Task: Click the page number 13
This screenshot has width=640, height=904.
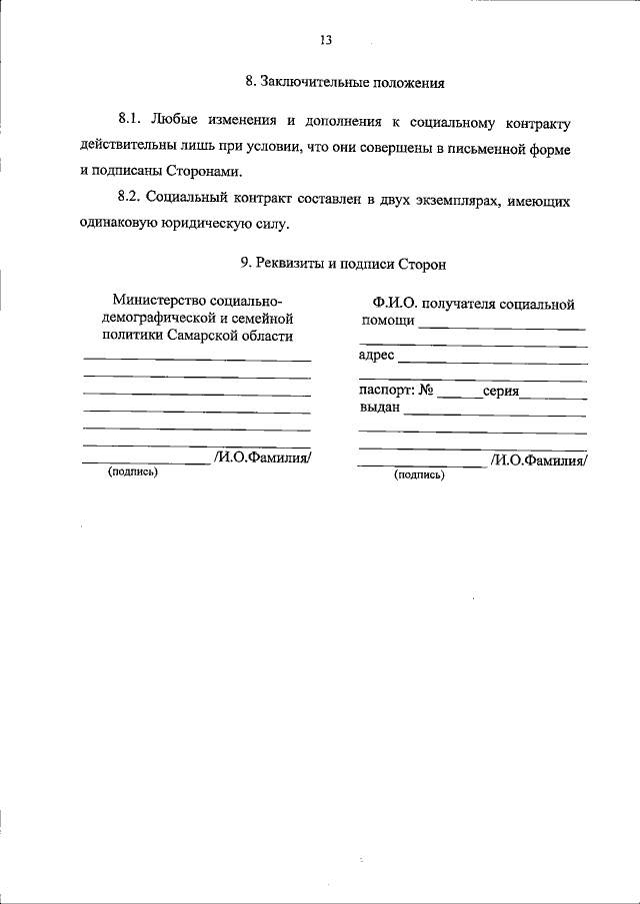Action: (x=326, y=40)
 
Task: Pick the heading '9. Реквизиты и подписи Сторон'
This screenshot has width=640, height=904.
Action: (x=343, y=264)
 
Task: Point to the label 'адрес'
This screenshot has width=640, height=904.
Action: (x=376, y=355)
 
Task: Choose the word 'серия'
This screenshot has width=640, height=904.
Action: (x=500, y=392)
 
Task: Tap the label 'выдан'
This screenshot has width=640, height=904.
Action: (x=380, y=408)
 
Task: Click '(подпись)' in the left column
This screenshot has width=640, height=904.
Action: (x=133, y=471)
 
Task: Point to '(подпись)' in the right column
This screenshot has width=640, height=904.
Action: (x=419, y=475)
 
